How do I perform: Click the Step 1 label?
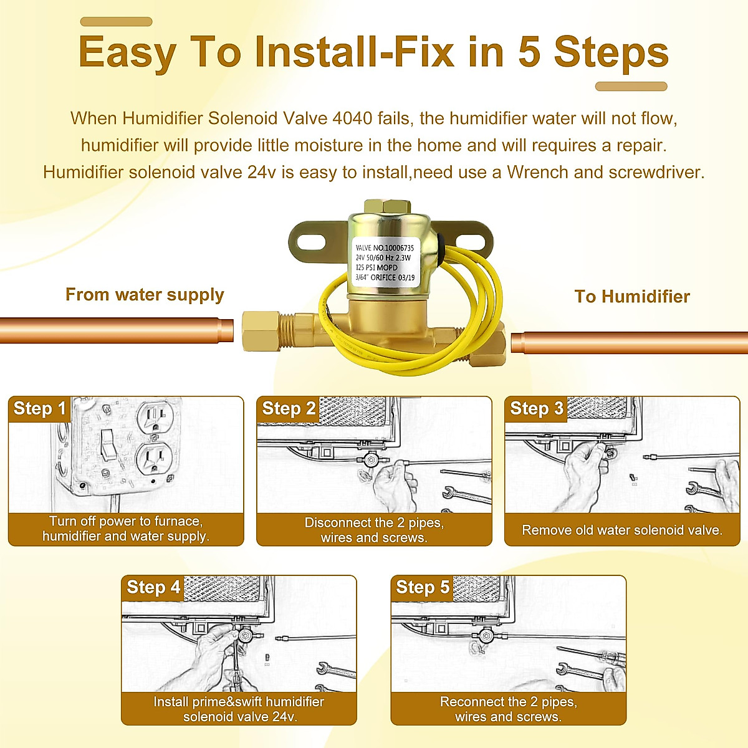point(39,409)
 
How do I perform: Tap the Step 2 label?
point(289,409)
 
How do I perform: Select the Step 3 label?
point(537,409)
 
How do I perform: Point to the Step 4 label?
point(153,587)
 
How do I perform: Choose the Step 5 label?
point(423,587)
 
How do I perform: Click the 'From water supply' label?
point(145,295)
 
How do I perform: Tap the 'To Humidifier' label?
point(632,297)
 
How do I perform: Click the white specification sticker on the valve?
point(385,262)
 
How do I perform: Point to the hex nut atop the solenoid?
point(387,207)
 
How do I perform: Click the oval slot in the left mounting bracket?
point(311,242)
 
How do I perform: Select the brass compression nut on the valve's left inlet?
point(261,331)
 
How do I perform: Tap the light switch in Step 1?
point(108,449)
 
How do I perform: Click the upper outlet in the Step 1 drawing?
point(155,417)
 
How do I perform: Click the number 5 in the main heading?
point(529,52)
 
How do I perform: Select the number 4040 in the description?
point(352,118)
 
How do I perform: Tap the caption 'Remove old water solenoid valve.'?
point(622,530)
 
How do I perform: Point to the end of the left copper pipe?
point(232,331)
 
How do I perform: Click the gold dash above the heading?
point(116,22)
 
